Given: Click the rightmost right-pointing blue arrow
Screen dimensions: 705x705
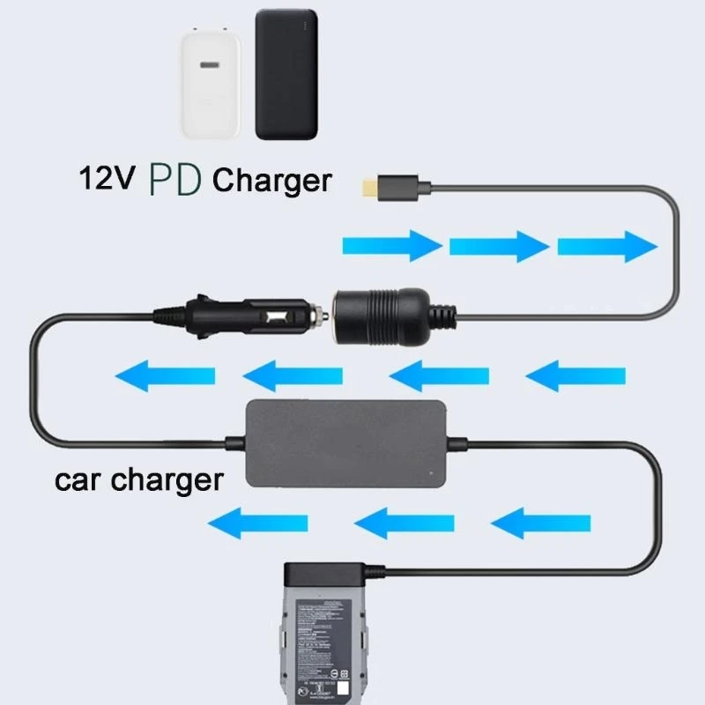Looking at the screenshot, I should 606,244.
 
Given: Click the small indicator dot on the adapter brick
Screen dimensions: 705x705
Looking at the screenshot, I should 428,474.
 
